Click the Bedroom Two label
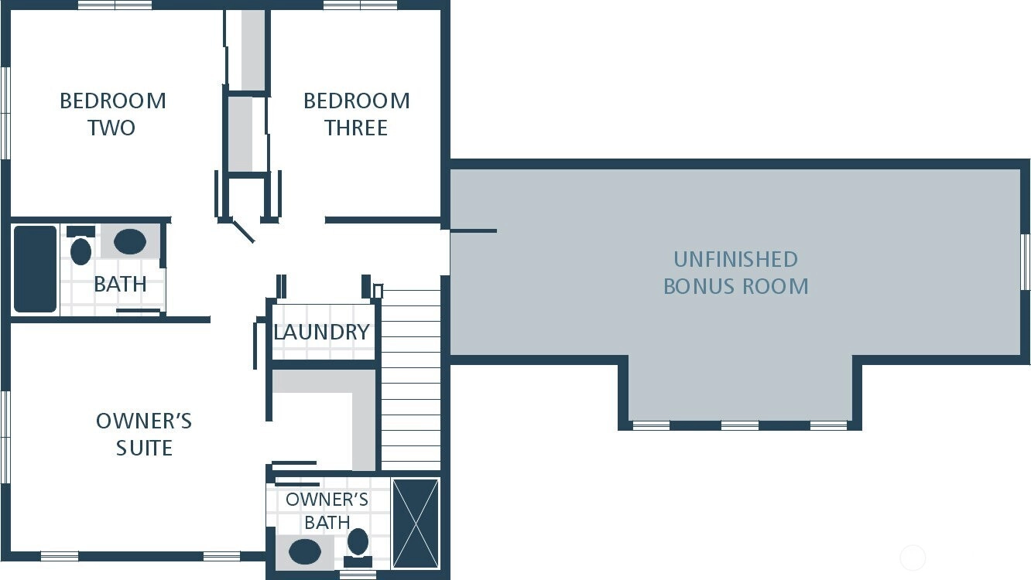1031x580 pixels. [113, 114]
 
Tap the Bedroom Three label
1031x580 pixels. [356, 114]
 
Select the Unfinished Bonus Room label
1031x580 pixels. [735, 273]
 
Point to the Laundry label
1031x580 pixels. [321, 332]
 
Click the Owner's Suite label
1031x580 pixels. [144, 434]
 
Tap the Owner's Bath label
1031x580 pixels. [327, 511]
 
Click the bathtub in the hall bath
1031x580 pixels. [35, 269]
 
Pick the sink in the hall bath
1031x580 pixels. [130, 241]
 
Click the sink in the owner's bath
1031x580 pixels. [305, 551]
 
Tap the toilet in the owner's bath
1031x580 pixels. [358, 548]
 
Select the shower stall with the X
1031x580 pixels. [416, 524]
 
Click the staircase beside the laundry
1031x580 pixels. [410, 380]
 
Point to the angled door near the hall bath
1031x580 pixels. [242, 231]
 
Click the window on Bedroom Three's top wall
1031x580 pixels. [361, 5]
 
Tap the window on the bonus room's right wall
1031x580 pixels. [1026, 261]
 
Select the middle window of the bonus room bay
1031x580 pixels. [740, 425]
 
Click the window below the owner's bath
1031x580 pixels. [358, 575]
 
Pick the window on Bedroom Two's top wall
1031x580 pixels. [115, 5]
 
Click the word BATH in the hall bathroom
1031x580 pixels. [120, 285]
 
